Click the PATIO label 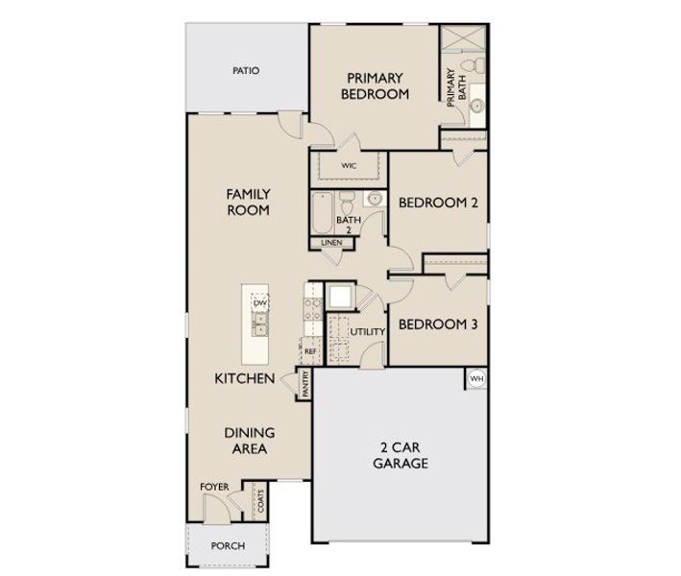point(246,71)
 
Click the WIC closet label point(349,166)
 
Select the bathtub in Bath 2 point(321,213)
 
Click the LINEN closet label point(331,243)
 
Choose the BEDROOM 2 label point(438,203)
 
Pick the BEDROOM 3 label point(438,324)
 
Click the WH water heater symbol point(476,379)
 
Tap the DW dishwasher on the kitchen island point(259,302)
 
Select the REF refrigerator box point(310,351)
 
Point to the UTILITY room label point(367,332)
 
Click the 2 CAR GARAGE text point(401,455)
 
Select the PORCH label point(228,545)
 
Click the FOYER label point(214,487)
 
